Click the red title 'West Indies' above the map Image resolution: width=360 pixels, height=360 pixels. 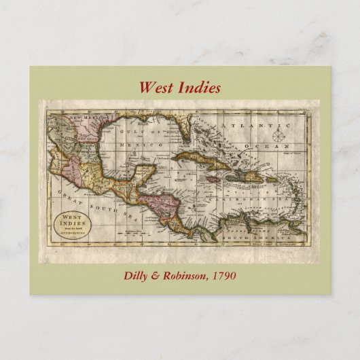click(179, 88)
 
